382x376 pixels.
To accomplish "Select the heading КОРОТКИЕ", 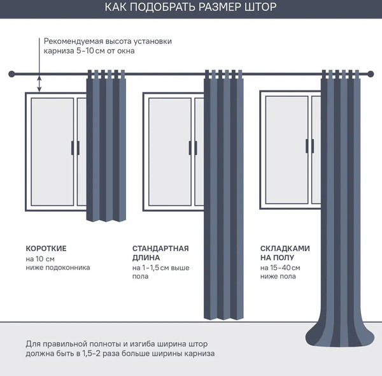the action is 46,249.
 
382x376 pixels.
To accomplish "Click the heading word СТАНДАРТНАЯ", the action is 160,249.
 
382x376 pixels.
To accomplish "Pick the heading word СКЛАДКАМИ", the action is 285,249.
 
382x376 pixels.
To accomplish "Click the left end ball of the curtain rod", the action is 11,74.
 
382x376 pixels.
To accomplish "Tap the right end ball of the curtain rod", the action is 371,74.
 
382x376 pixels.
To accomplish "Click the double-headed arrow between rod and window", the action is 39,83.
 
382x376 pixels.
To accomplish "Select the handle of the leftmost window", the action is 75,148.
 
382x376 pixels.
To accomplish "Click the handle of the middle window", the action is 193,148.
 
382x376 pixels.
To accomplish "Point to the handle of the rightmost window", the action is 310,146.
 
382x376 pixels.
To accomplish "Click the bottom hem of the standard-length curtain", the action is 223,317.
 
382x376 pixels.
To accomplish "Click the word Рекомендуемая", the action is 74,41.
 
